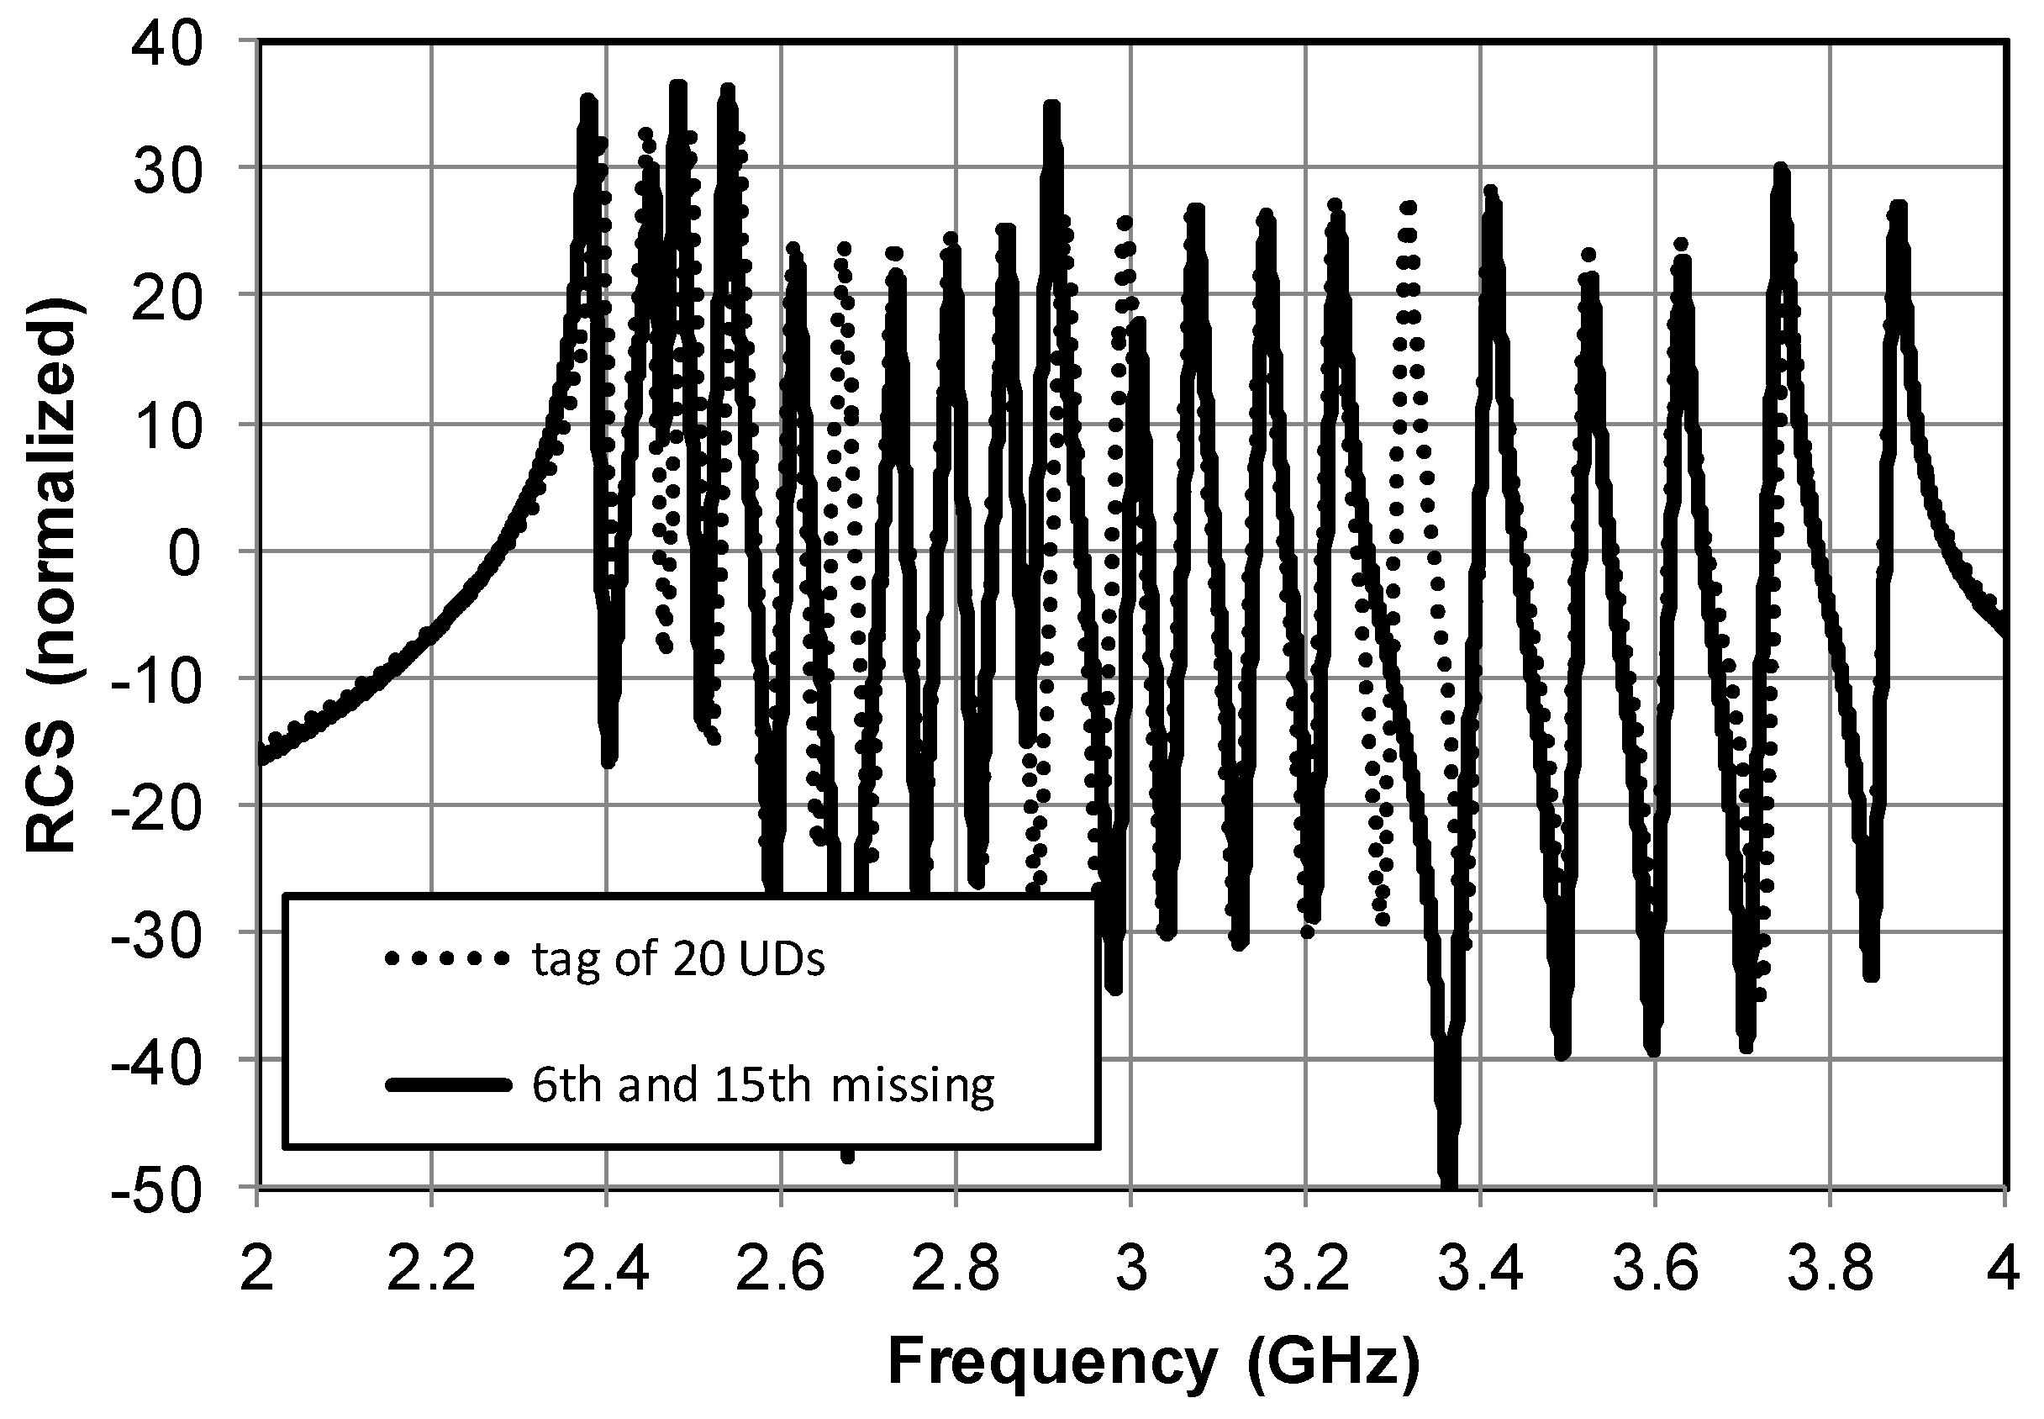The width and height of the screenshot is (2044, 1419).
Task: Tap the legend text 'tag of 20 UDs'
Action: (678, 959)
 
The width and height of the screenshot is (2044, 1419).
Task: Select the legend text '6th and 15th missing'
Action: (762, 1084)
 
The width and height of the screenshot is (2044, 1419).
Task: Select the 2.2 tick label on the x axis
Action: (431, 1269)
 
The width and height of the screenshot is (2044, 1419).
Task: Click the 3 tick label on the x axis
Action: (1130, 1269)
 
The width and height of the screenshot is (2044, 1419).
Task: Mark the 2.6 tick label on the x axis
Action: (781, 1269)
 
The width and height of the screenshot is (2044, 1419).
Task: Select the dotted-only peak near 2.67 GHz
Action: (843, 249)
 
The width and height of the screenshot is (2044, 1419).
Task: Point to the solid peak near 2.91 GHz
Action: (1052, 107)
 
